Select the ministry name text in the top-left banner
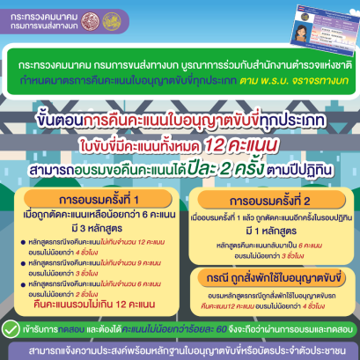pos(43,18)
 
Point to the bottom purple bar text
pos(180,351)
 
